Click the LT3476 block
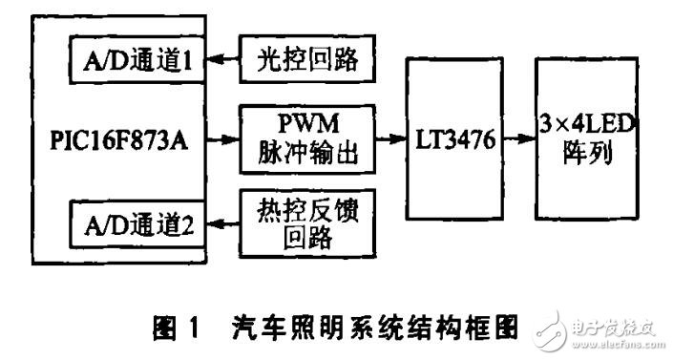pos(454,140)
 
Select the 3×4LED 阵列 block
pos(587,140)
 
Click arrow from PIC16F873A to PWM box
pos(227,139)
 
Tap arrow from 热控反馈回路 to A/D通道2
pos(227,226)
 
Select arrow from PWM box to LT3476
pos(389,139)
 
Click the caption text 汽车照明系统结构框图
pos(373,331)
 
